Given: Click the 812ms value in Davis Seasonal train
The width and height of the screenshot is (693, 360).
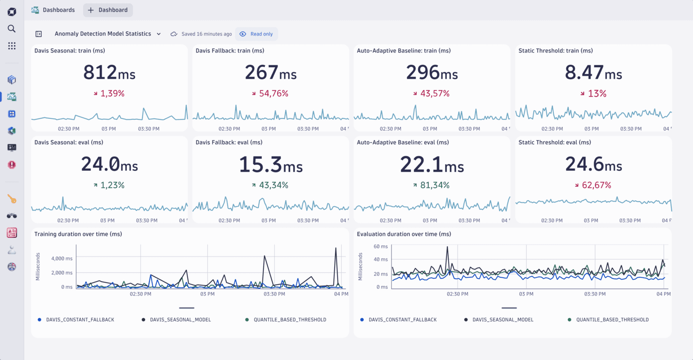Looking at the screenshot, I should pos(109,73).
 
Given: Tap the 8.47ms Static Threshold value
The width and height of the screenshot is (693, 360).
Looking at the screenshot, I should pos(593,73).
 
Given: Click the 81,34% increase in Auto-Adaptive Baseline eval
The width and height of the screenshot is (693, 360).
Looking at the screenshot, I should pos(432,185).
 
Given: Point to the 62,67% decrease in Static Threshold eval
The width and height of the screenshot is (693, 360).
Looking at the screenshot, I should pos(593,185).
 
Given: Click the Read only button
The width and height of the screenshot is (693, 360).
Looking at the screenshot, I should pos(256,34).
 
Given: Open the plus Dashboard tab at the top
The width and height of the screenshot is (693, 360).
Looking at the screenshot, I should pos(108,10).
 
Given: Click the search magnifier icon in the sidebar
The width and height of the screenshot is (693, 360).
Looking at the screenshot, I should pos(12,29).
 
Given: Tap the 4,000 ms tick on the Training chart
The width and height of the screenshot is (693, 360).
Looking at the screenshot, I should pos(62,258).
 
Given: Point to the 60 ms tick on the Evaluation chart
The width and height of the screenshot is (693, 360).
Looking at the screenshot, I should pos(381,247).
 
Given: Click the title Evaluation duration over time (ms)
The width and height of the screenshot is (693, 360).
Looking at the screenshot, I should pos(404,234).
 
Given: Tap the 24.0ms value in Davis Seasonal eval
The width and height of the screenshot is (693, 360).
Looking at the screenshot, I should pos(109,164).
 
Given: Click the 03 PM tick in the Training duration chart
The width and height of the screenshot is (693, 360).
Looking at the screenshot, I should pos(207,294).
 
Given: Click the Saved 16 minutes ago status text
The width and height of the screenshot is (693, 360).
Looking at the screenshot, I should pos(206,34).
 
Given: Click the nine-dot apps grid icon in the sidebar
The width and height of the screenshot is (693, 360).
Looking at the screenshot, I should pos(12,46).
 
